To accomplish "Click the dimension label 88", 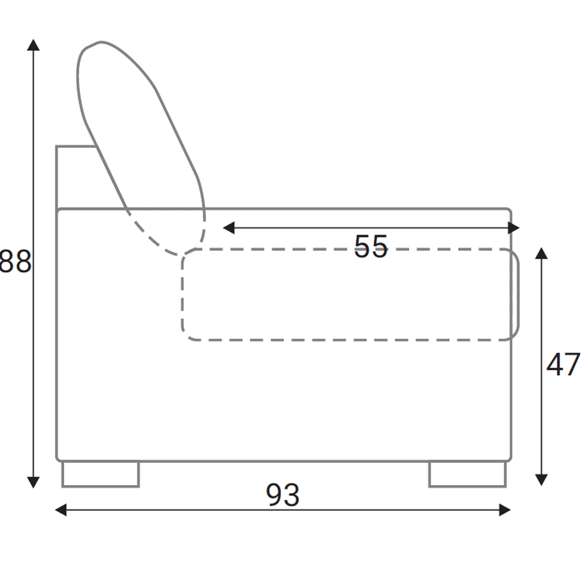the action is click(16, 261).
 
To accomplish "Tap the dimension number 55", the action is click(371, 246).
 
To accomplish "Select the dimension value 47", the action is click(563, 365).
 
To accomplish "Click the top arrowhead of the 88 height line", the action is click(34, 45).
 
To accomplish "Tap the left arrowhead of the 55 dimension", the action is click(229, 228).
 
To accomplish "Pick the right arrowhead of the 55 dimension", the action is click(514, 228).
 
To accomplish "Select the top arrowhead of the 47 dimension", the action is click(541, 254).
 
